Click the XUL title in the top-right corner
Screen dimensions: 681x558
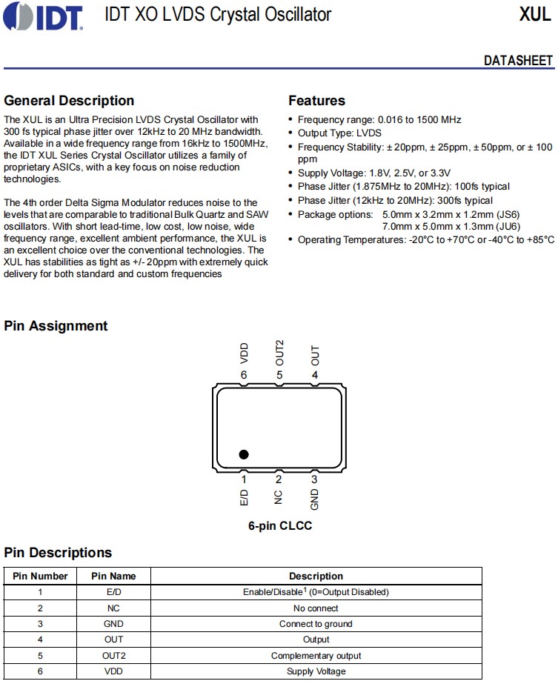(535, 15)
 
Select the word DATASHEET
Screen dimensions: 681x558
(518, 61)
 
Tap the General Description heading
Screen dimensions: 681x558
(69, 101)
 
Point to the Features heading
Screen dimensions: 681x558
(316, 101)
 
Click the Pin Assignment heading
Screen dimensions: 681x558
(56, 326)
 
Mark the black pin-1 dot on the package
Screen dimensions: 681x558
(243, 454)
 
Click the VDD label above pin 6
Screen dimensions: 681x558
(244, 353)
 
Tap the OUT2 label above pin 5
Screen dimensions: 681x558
(279, 353)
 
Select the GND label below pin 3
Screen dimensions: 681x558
(315, 499)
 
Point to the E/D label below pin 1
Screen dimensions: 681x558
(244, 497)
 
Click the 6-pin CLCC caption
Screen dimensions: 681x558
(279, 526)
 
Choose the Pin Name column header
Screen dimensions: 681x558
(113, 576)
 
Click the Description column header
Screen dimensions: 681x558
(316, 576)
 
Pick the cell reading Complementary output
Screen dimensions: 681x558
(316, 656)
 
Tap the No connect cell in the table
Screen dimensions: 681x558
(316, 608)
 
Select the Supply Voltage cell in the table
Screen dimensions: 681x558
(316, 671)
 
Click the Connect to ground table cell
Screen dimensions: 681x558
(316, 624)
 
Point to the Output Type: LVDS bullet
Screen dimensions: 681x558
(339, 133)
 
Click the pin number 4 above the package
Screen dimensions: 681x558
(315, 375)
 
